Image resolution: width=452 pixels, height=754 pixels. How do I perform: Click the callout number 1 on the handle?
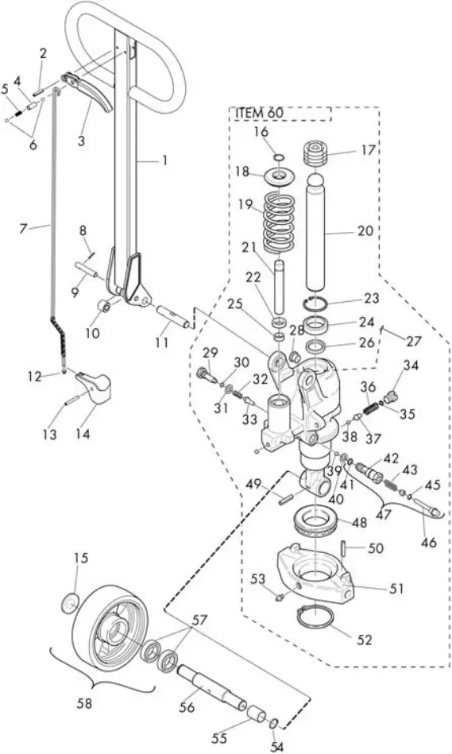164,160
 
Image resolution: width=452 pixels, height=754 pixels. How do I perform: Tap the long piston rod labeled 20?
323,238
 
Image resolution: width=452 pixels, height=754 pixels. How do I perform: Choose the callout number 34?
410,365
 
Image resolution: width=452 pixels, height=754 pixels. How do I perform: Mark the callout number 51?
396,589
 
